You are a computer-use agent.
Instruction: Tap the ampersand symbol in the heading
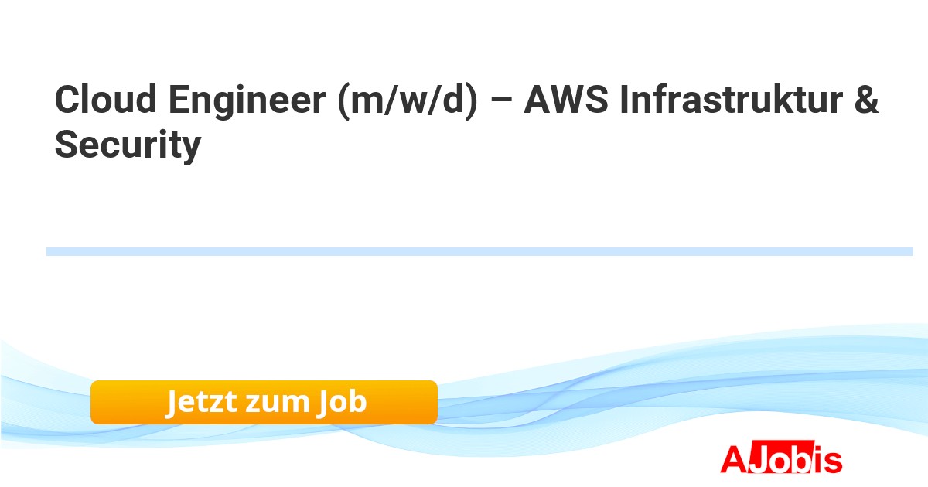pyautogui.click(x=866, y=100)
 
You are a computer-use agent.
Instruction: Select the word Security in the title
pyautogui.click(x=128, y=145)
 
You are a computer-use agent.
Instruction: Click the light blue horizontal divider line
pyautogui.click(x=479, y=251)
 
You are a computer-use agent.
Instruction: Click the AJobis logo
pyautogui.click(x=781, y=459)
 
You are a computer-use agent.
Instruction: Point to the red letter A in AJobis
pyautogui.click(x=733, y=459)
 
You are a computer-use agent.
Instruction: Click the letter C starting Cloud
pyautogui.click(x=67, y=100)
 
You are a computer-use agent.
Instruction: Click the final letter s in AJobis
pyautogui.click(x=833, y=461)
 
